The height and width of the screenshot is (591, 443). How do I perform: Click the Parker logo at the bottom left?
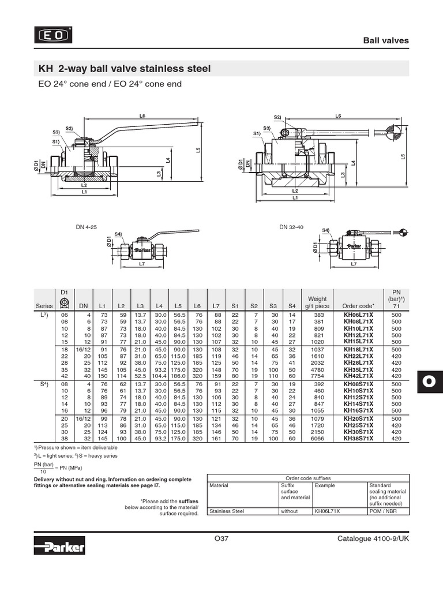coord(59,545)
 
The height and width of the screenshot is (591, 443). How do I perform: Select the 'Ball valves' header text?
coord(385,40)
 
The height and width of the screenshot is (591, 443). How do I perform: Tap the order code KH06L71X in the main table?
coord(358,315)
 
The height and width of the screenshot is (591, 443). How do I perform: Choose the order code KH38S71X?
coord(358,439)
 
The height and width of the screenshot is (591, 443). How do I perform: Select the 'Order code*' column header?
coord(358,306)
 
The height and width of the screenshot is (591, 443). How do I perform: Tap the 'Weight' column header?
coord(318,299)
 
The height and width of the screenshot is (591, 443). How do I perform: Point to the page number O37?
coord(221,539)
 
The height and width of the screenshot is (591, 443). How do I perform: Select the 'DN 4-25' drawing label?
coord(87,227)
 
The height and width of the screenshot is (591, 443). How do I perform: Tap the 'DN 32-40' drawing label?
coord(291,227)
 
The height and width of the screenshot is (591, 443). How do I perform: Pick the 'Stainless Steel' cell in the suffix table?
coord(227,511)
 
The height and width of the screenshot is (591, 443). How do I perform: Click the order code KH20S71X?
coord(358,418)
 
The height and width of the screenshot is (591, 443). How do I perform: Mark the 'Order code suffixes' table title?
coord(307,477)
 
